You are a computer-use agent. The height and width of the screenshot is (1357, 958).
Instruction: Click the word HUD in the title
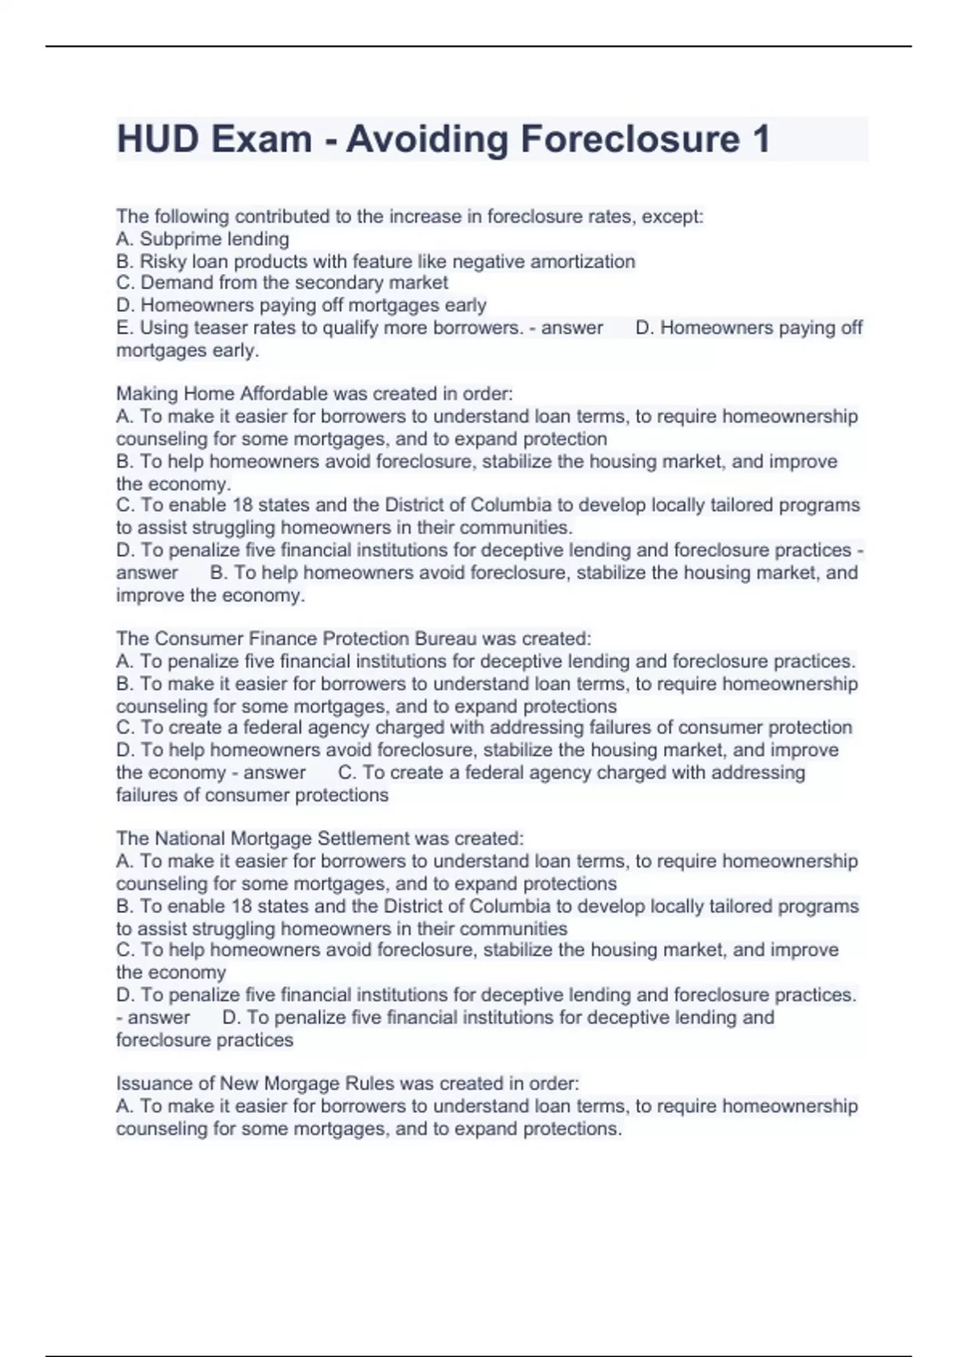pos(158,139)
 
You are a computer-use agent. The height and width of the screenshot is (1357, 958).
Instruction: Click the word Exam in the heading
pos(262,139)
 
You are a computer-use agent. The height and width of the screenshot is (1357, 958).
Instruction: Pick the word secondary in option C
pos(338,283)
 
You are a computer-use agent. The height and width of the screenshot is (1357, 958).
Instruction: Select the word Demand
pos(176,283)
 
